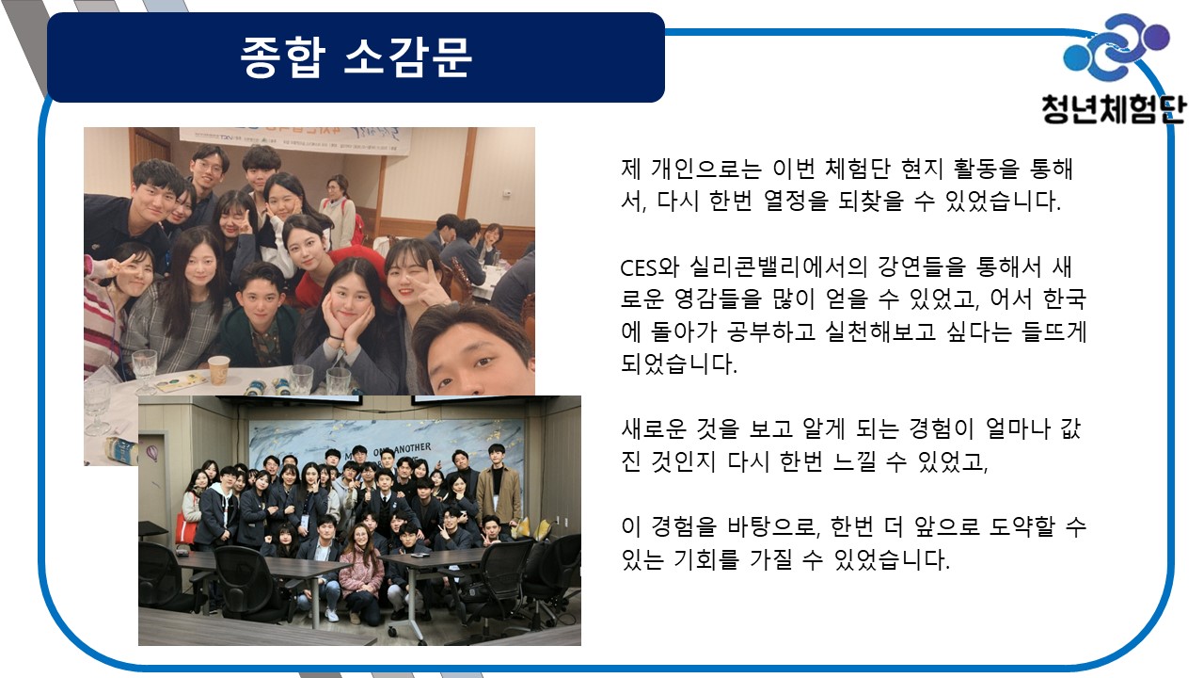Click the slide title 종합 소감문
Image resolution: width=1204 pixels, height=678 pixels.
tap(356, 57)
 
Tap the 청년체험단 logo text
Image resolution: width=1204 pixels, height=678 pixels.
tap(1113, 109)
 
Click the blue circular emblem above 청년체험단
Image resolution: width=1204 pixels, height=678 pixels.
tap(1117, 47)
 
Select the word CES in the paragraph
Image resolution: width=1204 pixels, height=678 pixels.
tap(639, 268)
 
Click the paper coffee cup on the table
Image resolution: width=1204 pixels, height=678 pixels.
tap(219, 370)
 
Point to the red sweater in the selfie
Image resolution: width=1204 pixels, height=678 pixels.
tap(334, 269)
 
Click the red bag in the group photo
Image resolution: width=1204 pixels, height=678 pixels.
tap(186, 527)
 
